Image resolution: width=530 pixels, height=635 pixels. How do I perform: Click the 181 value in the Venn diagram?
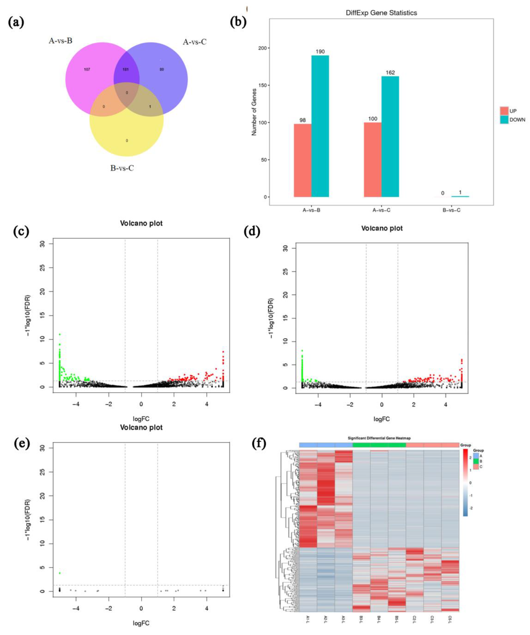(125, 70)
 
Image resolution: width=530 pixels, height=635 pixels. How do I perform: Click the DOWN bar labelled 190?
(320, 126)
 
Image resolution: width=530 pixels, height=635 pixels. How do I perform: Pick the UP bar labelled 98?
(302, 160)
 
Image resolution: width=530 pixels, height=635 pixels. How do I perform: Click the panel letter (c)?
(21, 231)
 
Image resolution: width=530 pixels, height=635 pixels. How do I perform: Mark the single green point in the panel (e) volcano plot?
(60, 573)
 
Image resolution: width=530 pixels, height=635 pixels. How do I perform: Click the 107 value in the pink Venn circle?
(87, 70)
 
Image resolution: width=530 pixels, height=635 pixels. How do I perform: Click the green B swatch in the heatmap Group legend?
(476, 461)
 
